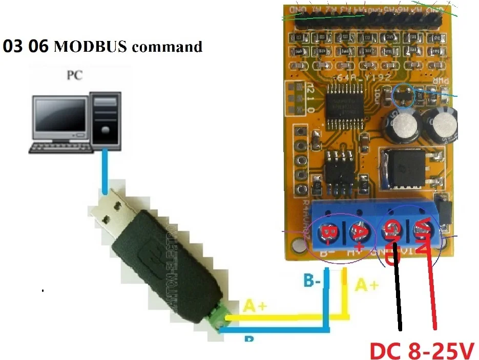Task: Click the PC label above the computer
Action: (75, 76)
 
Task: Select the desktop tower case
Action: (106, 121)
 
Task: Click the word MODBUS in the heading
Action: (89, 47)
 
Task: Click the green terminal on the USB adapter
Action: (217, 318)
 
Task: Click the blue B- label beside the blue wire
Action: (313, 281)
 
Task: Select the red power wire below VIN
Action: (431, 292)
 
